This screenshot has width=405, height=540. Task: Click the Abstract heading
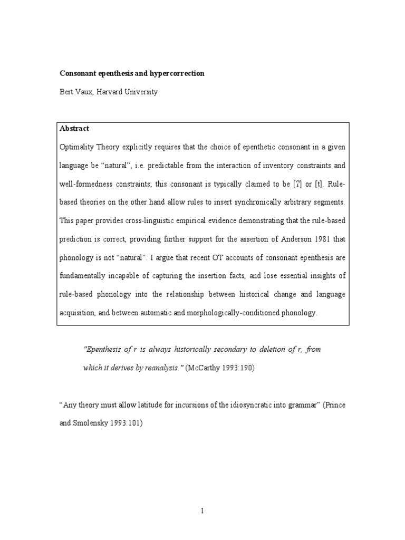tap(74, 128)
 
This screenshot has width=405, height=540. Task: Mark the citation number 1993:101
tap(126, 423)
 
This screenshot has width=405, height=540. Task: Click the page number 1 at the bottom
tap(202, 510)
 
